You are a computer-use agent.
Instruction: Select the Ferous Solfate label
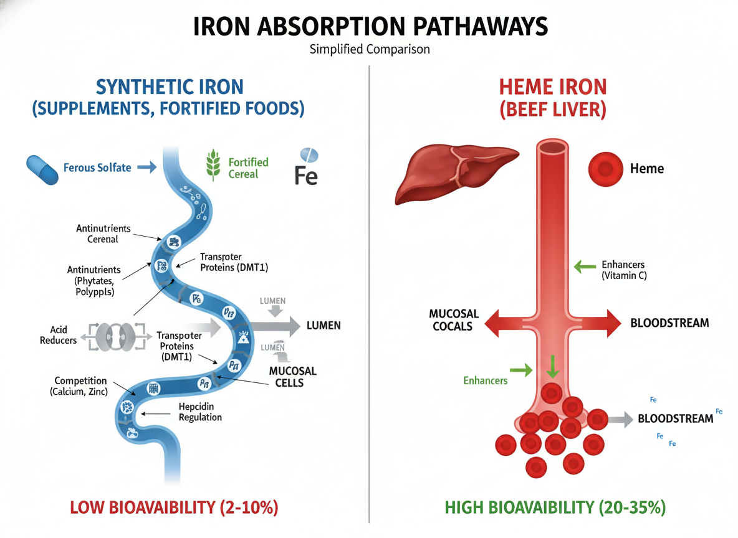click(97, 168)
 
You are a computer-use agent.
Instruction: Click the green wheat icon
click(214, 166)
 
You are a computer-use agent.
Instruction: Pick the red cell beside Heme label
click(605, 168)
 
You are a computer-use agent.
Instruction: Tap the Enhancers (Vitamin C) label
click(623, 270)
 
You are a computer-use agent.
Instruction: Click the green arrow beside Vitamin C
click(584, 267)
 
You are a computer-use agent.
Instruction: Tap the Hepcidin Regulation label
click(200, 412)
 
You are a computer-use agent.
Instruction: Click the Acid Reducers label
click(58, 335)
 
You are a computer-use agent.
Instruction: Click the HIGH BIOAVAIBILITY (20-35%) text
click(555, 507)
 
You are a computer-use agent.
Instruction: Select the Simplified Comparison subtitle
click(369, 49)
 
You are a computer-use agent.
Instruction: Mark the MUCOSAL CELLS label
click(292, 376)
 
